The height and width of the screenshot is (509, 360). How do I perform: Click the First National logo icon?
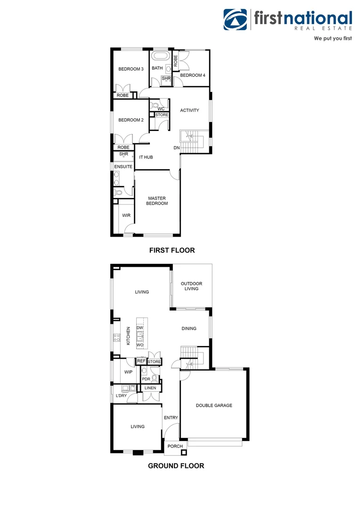235,20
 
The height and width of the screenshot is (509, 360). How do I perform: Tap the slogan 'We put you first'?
333,38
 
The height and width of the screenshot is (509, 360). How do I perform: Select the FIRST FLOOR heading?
172,250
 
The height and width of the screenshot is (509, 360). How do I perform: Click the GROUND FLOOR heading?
176,466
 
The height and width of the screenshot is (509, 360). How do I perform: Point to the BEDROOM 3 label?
131,69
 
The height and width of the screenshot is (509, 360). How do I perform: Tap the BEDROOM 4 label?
193,75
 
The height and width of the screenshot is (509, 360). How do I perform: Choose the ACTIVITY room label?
189,111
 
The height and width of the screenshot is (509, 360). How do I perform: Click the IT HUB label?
146,157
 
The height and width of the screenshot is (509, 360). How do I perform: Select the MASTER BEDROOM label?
157,201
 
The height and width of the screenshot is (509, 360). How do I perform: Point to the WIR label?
126,215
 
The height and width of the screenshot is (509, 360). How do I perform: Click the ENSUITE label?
124,167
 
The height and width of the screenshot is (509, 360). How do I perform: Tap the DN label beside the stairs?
177,148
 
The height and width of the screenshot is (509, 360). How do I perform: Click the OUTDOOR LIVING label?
192,286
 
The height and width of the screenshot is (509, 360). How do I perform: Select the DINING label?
189,329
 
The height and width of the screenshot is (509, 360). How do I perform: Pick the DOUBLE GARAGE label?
214,405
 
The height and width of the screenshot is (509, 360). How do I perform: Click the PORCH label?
175,446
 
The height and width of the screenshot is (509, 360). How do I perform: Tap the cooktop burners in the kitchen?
116,337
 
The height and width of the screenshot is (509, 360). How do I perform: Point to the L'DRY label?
122,396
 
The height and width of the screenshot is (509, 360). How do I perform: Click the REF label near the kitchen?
141,361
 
